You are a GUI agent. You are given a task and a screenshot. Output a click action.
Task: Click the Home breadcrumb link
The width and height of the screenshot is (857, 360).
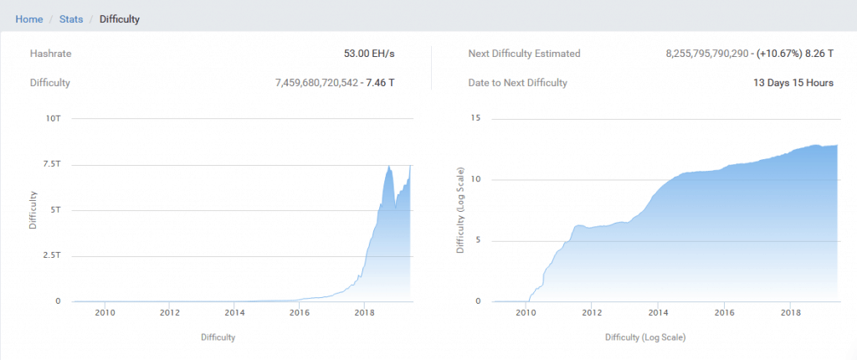point(28,18)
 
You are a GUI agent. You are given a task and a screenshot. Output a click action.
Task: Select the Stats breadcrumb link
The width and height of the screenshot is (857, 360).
point(71,18)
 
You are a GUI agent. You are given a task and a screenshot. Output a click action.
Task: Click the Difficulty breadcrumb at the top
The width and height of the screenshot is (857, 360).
point(119,18)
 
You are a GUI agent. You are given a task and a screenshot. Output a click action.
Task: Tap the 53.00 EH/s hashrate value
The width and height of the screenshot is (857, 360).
point(369,54)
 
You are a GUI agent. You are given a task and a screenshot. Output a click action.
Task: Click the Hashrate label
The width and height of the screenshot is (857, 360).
point(50,54)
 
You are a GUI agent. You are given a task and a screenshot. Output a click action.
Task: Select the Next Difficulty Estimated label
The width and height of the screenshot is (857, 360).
point(524,54)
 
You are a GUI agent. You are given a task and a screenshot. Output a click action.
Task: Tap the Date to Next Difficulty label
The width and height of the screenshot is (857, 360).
point(518,83)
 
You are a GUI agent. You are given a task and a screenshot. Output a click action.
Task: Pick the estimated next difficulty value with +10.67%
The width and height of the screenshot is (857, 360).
point(749,54)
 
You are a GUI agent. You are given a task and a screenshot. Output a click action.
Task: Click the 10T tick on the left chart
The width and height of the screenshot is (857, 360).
point(53,119)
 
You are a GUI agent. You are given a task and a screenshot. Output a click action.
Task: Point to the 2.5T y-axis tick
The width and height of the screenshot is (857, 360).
point(51,256)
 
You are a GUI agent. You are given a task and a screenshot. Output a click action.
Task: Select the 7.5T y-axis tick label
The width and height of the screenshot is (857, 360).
point(51,165)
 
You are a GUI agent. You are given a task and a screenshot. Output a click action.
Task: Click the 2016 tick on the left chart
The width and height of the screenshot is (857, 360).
point(299,314)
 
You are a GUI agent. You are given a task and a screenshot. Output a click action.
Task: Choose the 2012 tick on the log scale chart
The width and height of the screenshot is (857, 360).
point(592,314)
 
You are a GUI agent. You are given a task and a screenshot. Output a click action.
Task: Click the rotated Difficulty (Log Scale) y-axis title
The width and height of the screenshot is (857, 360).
point(460,209)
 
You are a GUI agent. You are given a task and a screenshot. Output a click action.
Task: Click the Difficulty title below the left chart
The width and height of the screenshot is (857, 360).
point(218,337)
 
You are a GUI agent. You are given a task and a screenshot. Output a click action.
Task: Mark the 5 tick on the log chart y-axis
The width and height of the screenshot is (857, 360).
point(477,241)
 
